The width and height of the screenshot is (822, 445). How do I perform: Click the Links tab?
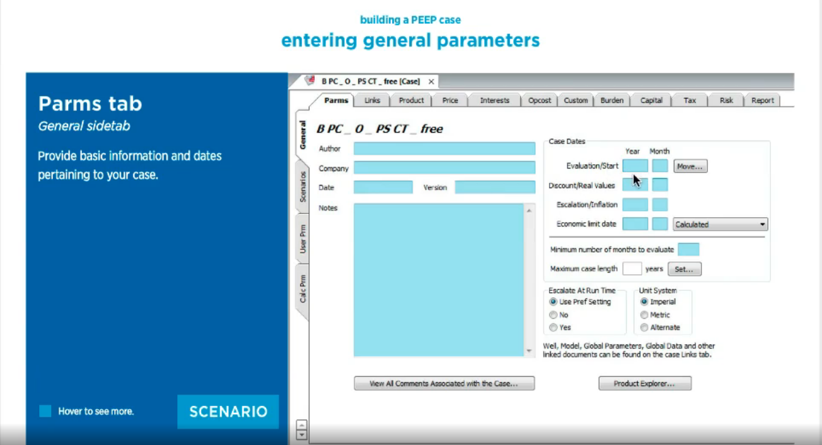point(372,100)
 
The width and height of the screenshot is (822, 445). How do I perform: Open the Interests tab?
point(495,100)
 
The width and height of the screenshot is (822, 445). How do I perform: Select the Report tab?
point(762,100)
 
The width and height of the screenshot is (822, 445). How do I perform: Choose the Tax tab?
point(690,100)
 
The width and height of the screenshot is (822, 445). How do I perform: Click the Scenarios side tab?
point(303,187)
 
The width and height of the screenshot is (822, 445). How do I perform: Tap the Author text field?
point(444,149)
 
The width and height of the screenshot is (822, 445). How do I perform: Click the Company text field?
point(444,167)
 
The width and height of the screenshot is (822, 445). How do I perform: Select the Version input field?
point(495,187)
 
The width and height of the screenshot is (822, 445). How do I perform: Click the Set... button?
point(684,269)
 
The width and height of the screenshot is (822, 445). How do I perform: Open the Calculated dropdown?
point(720,224)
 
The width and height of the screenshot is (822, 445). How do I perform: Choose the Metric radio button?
point(644,315)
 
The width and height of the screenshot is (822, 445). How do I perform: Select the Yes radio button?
point(553,327)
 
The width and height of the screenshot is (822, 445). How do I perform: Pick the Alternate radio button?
point(644,327)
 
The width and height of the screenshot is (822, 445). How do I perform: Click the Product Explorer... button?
point(645,383)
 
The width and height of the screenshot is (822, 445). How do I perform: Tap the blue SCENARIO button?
point(228,412)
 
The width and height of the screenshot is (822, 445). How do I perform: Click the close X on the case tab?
point(431,81)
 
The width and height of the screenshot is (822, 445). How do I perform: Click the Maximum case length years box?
point(632,269)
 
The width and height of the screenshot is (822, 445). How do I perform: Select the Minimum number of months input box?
point(688,250)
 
